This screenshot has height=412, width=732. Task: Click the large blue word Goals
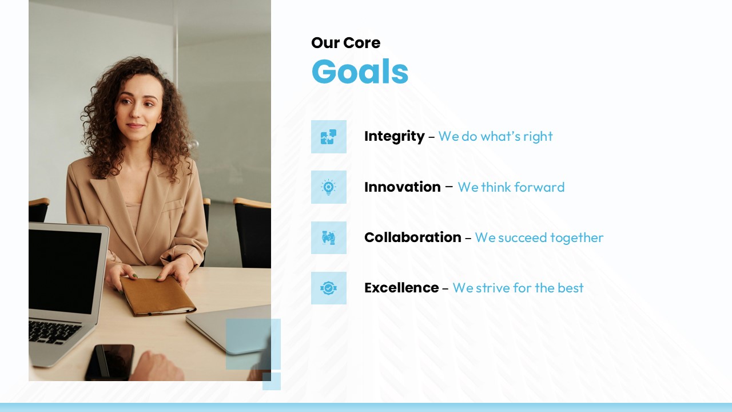(360, 72)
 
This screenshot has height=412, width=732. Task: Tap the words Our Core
(345, 43)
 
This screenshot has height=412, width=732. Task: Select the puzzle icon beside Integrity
(328, 137)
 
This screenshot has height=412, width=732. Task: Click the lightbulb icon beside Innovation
(328, 187)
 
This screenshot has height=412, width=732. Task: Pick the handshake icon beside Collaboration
(328, 237)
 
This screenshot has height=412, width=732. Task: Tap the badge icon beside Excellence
(328, 288)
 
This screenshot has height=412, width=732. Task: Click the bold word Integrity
(394, 136)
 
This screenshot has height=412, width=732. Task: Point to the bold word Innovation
(402, 187)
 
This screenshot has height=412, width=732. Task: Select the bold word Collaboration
(412, 237)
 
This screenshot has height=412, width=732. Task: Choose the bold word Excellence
(401, 288)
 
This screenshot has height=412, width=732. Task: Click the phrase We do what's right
(495, 136)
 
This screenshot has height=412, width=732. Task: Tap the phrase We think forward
(511, 187)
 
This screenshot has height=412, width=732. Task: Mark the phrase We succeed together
(539, 237)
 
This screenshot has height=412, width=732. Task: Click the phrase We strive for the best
(518, 288)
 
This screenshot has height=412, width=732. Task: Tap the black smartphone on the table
(110, 362)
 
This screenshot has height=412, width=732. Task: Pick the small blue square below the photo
(272, 381)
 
